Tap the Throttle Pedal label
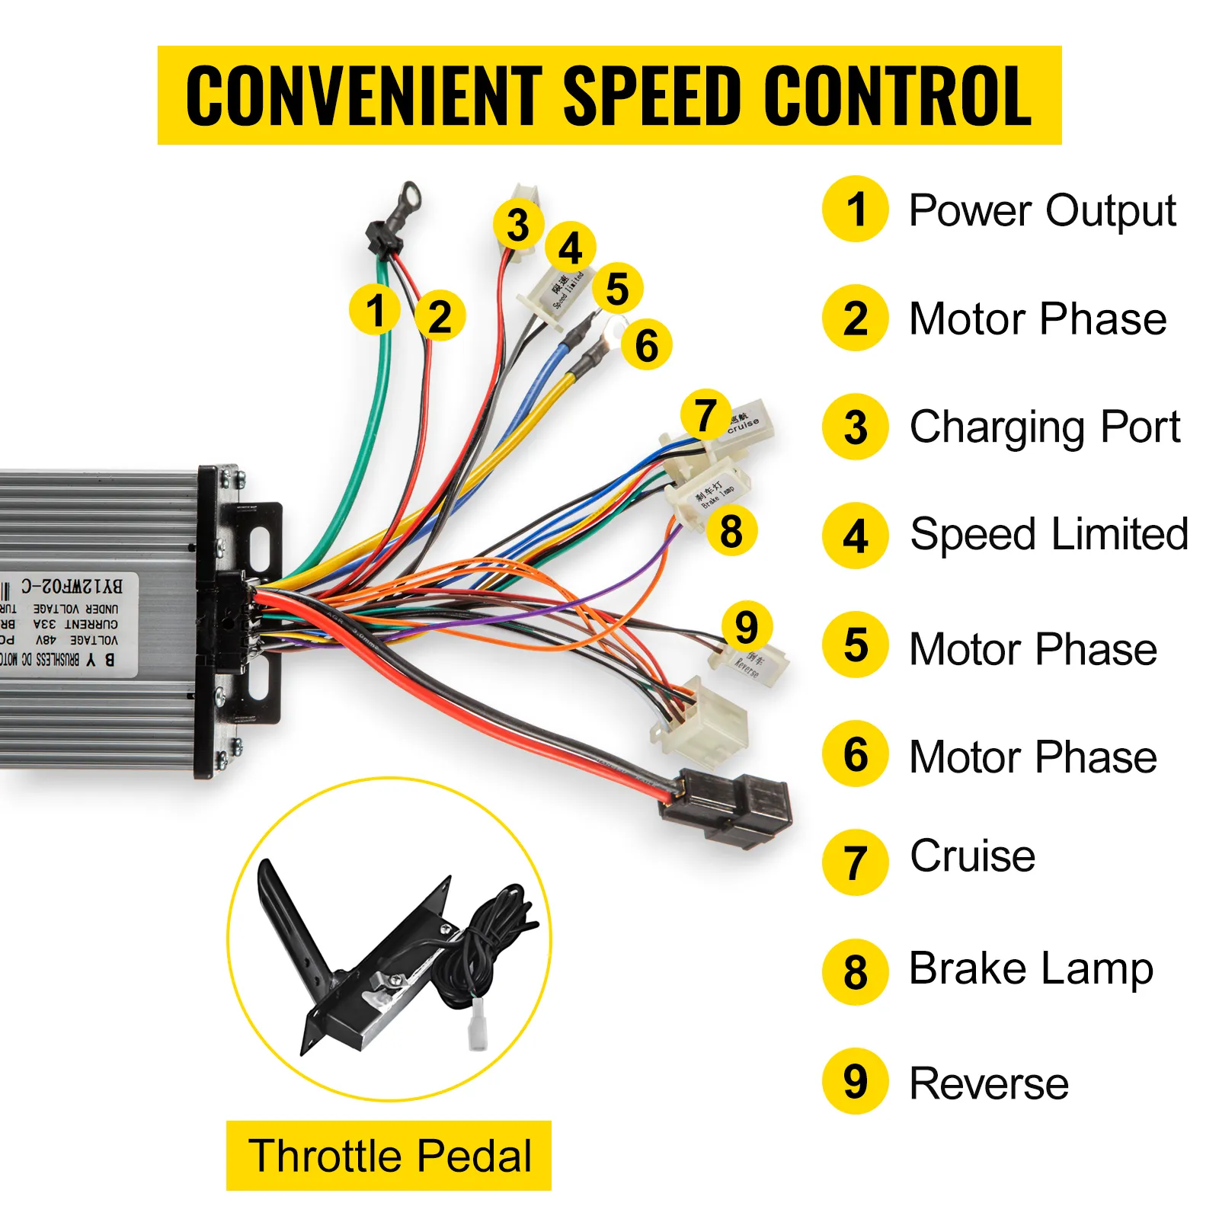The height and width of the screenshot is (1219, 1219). pyautogui.click(x=389, y=1155)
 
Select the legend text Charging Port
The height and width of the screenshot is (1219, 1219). pyautogui.click(x=1045, y=427)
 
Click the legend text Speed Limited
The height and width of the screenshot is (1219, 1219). pyautogui.click(x=1049, y=534)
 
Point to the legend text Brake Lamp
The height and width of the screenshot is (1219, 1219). pyautogui.click(x=1031, y=969)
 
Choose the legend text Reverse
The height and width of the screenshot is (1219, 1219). pyautogui.click(x=989, y=1083)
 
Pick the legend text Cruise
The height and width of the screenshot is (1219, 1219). pyautogui.click(x=973, y=856)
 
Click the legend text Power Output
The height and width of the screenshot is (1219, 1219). pyautogui.click(x=1042, y=210)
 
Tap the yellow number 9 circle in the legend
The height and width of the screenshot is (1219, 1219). pyautogui.click(x=856, y=1082)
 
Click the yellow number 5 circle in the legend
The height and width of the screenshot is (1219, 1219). pyautogui.click(x=856, y=645)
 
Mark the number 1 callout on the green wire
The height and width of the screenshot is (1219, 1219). pyautogui.click(x=375, y=310)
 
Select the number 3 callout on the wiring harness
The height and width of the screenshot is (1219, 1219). pyautogui.click(x=518, y=225)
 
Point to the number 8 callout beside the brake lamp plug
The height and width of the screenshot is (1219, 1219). pyautogui.click(x=731, y=531)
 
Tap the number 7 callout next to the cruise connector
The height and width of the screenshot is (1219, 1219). pyautogui.click(x=705, y=415)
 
